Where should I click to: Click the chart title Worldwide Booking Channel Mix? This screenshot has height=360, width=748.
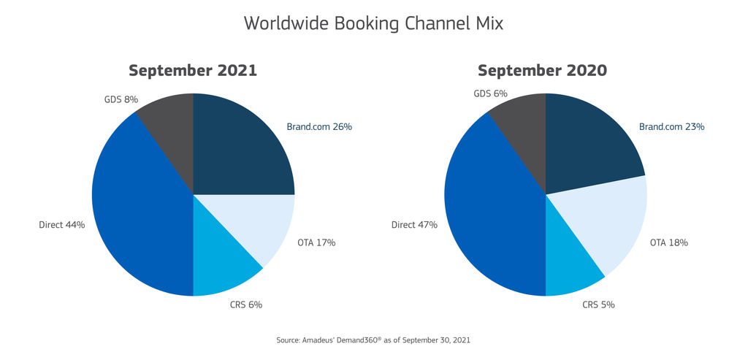pyautogui.click(x=373, y=23)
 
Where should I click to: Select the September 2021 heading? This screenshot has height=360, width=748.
pyautogui.click(x=193, y=71)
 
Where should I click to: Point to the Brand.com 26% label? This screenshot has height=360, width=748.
pyautogui.click(x=319, y=126)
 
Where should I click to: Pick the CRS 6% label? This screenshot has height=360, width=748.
pyautogui.click(x=245, y=305)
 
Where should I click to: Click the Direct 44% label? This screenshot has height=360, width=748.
pyautogui.click(x=62, y=225)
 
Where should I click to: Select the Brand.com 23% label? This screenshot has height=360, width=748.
pyautogui.click(x=671, y=126)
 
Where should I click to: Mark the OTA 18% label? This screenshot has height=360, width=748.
pyautogui.click(x=669, y=242)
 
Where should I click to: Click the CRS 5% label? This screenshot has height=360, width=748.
pyautogui.click(x=598, y=305)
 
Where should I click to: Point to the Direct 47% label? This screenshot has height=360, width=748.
pyautogui.click(x=414, y=225)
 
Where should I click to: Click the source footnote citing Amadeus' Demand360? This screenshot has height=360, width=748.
pyautogui.click(x=373, y=340)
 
